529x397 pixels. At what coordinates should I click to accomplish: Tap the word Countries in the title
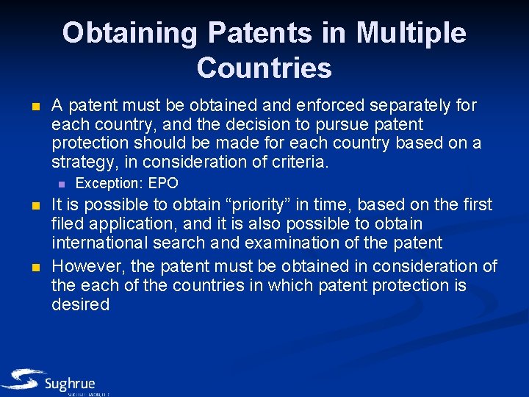click(x=264, y=68)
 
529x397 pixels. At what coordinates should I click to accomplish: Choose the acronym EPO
click(x=163, y=184)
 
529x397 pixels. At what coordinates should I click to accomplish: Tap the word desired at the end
click(x=80, y=304)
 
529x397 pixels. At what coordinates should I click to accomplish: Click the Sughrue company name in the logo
click(x=70, y=384)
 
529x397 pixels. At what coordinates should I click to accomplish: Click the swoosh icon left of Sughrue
click(x=22, y=380)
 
